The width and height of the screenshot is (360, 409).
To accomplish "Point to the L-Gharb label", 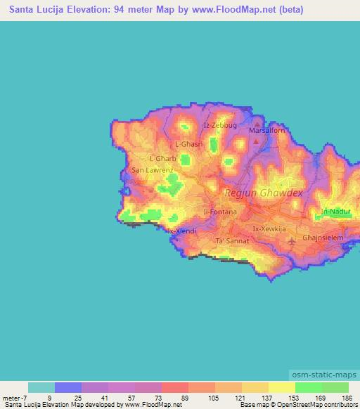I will point(163,159).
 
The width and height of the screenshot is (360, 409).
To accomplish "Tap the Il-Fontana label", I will point(219,211).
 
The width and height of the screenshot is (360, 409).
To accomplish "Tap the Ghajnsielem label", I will point(323,238).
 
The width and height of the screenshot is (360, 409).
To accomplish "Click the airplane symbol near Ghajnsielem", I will point(292,242).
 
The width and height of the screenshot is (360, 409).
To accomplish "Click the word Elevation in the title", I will point(82,10).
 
